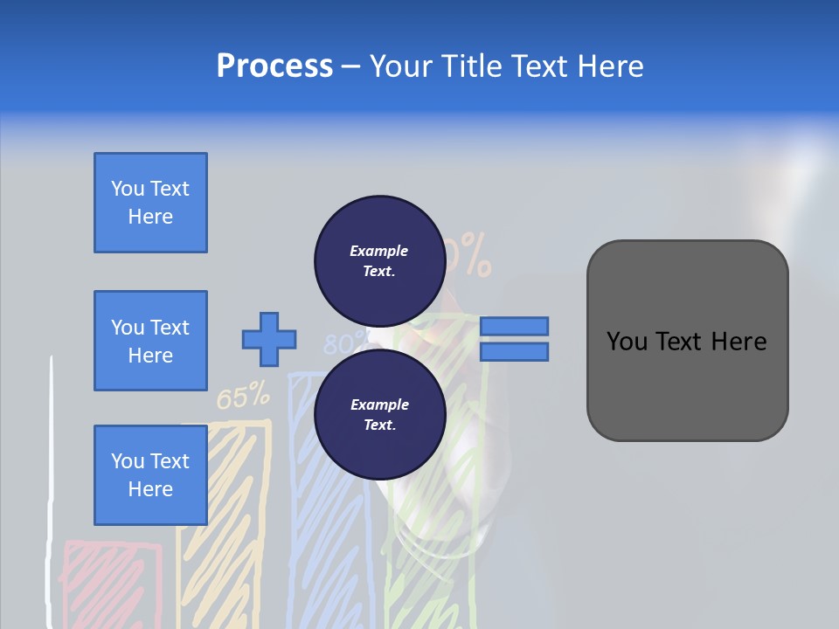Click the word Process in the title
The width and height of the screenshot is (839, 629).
point(274,66)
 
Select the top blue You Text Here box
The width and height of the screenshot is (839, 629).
point(150,203)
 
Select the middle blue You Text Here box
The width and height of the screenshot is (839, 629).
point(150,341)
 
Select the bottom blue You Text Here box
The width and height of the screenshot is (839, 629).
point(150,475)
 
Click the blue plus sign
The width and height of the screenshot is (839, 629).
point(269,338)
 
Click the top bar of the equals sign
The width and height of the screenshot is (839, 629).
point(514,326)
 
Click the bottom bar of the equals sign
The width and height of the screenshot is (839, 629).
point(514,351)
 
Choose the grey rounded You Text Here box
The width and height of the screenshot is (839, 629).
point(687,341)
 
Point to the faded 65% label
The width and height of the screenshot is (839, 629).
point(243,397)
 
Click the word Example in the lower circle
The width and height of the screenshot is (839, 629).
point(379,404)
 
